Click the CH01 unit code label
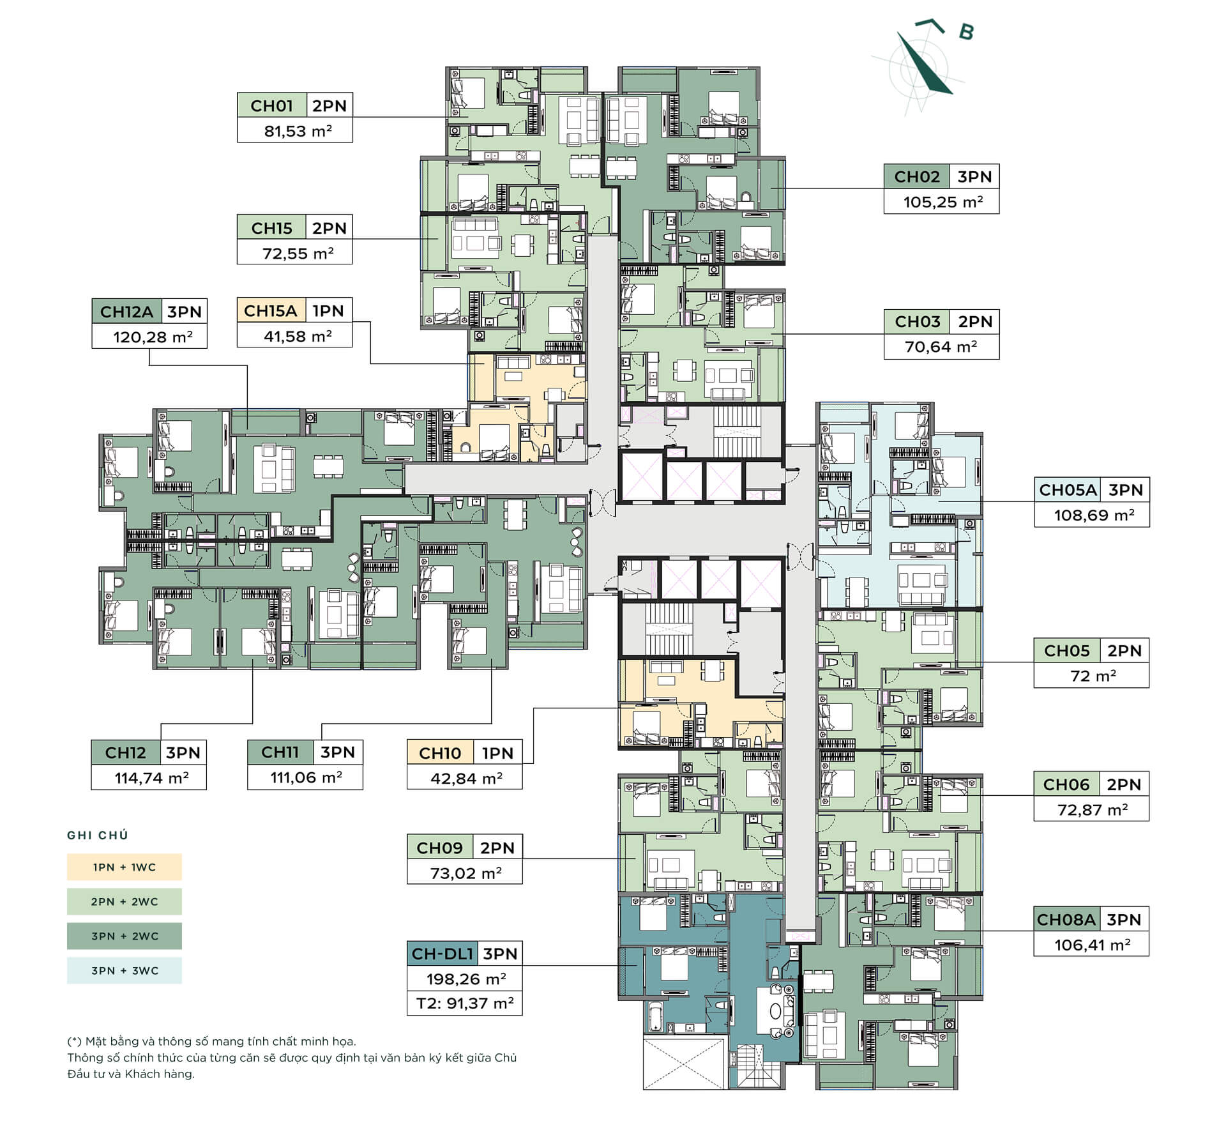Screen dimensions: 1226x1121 (x=271, y=105)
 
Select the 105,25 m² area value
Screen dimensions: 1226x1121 (x=942, y=202)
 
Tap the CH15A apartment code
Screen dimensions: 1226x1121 (x=271, y=311)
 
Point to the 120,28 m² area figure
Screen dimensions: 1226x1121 (x=153, y=337)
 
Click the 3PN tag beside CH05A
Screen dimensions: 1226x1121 (x=1125, y=490)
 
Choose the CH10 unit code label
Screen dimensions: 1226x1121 (x=440, y=753)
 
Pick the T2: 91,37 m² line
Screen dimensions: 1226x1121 (x=465, y=1003)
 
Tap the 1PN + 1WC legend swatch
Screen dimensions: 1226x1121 (x=125, y=867)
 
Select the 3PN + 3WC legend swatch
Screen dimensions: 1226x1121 (x=125, y=970)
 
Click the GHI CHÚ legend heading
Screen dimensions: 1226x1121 (x=98, y=835)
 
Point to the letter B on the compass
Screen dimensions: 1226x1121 (x=967, y=31)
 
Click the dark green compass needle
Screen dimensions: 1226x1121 (x=925, y=64)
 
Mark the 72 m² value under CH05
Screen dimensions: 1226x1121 (x=1093, y=676)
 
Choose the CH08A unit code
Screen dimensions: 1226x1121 (x=1066, y=919)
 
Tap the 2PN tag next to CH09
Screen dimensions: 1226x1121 (x=497, y=848)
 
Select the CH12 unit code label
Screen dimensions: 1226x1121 (x=125, y=752)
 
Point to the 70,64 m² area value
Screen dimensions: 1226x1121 (x=941, y=347)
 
